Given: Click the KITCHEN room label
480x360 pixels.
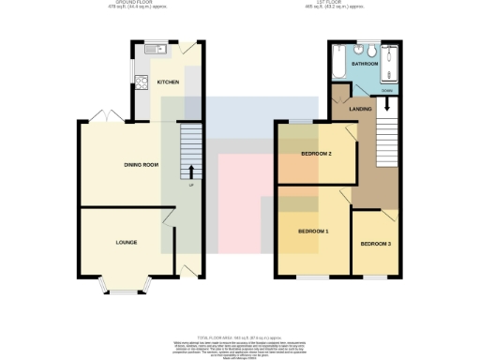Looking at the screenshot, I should click(x=169, y=82).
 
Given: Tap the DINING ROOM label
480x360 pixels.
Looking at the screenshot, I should click(x=141, y=165).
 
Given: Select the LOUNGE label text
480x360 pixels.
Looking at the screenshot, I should click(x=127, y=243).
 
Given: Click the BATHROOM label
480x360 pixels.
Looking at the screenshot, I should click(x=365, y=64).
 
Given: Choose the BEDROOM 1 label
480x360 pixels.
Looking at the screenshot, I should click(x=313, y=231).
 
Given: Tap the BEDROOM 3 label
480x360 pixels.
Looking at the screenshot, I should click(x=376, y=244).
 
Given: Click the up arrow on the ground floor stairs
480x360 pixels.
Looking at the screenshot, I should click(x=191, y=172).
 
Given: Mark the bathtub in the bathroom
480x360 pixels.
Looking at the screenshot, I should click(x=337, y=64).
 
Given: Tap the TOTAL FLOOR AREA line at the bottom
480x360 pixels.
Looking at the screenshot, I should click(x=240, y=336).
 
